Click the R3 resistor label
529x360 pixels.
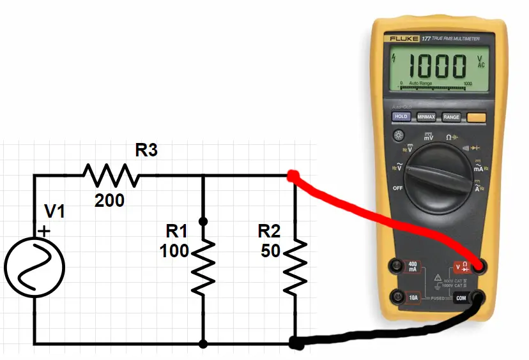146,151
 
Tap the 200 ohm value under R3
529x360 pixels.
110,201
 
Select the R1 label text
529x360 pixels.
177,231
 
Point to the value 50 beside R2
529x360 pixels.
271,251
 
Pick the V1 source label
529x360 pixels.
54,212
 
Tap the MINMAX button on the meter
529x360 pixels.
426,117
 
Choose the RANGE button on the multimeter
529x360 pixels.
452,117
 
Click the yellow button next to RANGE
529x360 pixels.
477,117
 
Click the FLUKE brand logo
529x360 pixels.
404,39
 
